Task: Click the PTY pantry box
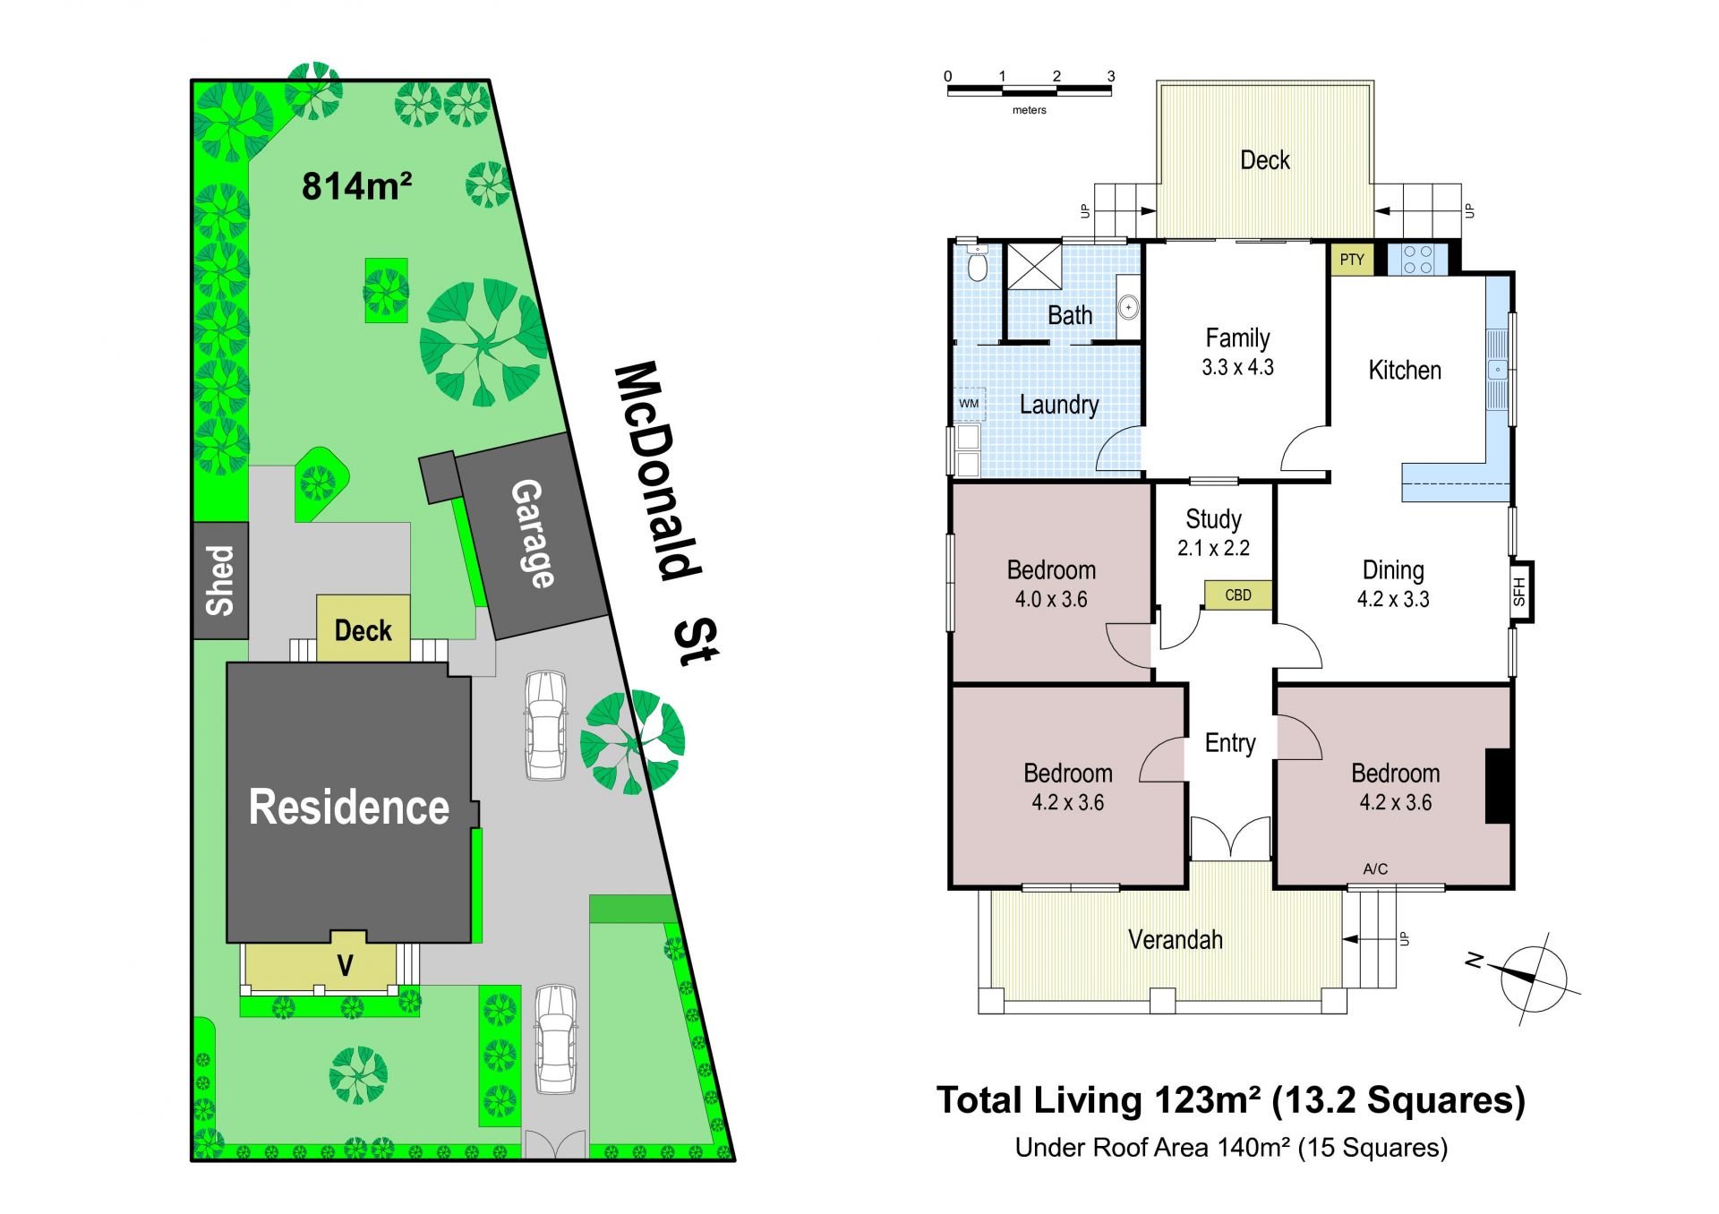point(1352,260)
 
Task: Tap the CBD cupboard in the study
point(1237,595)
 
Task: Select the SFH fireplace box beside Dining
point(1521,591)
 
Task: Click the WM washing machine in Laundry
point(969,404)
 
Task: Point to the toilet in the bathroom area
point(977,263)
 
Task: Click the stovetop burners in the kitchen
point(1417,260)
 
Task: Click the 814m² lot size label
point(356,185)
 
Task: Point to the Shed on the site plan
point(220,580)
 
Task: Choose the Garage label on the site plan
point(530,534)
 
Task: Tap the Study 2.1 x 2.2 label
point(1213,534)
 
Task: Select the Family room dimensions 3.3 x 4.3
point(1237,367)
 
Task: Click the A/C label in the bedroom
point(1375,868)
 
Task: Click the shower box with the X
point(1035,266)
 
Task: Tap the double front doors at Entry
point(1230,838)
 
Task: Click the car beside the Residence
point(545,725)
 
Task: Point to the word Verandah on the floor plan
point(1175,939)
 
